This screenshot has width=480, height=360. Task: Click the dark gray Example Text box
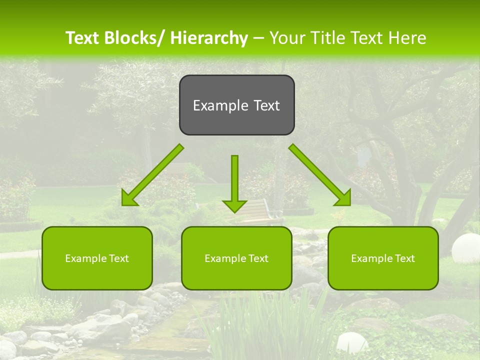click(x=236, y=105)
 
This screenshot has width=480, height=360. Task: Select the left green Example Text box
click(x=97, y=258)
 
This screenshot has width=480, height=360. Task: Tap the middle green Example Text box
click(x=236, y=258)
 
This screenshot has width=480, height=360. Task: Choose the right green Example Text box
click(x=383, y=258)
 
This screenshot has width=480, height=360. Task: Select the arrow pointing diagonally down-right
click(x=320, y=175)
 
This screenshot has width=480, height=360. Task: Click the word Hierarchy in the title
click(x=209, y=38)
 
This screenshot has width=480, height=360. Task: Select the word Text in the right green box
click(x=404, y=258)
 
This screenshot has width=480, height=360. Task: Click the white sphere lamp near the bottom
click(x=352, y=343)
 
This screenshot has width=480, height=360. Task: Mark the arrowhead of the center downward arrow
click(x=234, y=205)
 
